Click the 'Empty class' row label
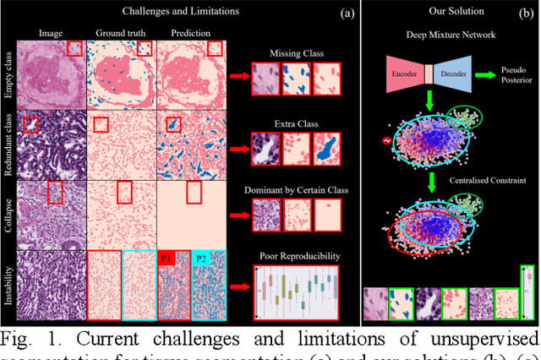(9, 75)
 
